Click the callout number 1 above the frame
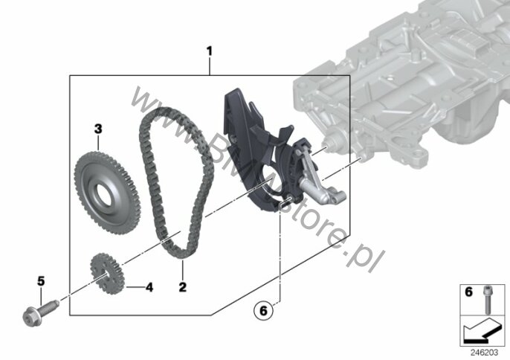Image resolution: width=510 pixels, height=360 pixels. pos(210,51)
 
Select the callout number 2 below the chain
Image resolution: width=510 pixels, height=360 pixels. pos(182,287)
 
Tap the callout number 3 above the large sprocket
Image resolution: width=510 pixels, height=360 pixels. pos(98,129)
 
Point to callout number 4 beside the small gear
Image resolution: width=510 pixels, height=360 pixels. pos(149,287)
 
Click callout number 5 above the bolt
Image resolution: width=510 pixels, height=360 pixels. pos(41,280)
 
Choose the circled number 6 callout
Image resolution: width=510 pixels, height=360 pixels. pos(263,310)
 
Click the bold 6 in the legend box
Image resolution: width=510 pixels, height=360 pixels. pos(468,292)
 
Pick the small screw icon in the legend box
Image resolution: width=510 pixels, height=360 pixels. pos(487,300)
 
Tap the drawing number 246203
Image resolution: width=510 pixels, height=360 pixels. pos(484,353)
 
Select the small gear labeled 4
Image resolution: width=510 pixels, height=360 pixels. pos(107,274)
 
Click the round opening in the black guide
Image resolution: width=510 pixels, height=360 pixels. pos(270,180)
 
